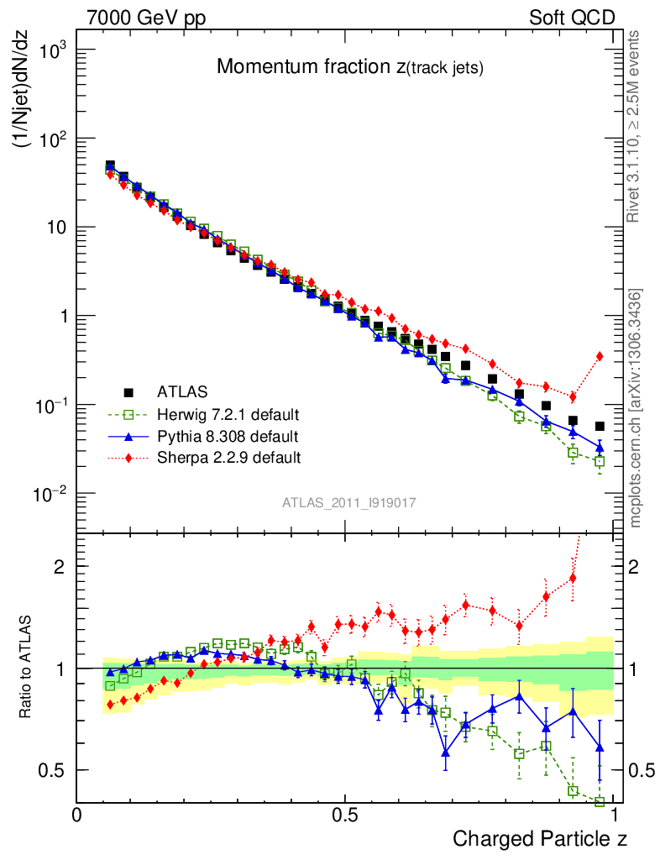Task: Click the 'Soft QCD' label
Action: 572,18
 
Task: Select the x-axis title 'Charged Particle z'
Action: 540,838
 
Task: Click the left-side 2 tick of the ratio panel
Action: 58,566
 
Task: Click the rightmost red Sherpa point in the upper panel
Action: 600,356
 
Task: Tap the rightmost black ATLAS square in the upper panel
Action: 600,427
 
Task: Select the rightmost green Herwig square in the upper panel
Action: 600,461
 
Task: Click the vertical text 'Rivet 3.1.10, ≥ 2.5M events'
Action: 636,126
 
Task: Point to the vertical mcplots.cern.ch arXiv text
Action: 636,407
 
